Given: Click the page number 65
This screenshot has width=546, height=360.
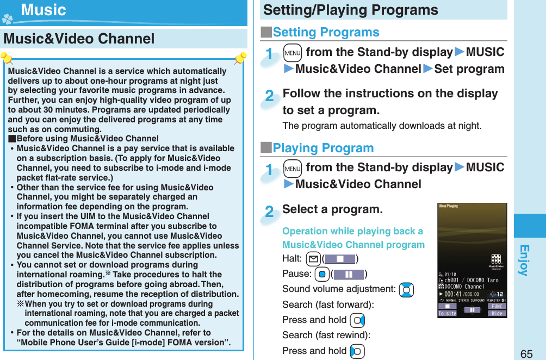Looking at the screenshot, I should (x=526, y=353).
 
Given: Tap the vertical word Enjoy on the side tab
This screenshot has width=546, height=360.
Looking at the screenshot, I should (x=523, y=260).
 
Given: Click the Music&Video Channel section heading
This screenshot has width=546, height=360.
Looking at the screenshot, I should (x=79, y=39).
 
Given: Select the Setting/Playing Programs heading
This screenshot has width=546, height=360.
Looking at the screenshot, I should (x=350, y=10).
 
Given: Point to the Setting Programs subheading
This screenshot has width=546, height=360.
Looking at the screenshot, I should (x=325, y=32).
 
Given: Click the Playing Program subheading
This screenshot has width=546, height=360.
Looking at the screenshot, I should (x=322, y=148).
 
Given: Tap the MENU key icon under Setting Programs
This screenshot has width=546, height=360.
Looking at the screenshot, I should (x=292, y=53).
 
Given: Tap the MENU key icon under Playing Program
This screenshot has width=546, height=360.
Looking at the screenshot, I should (x=292, y=168).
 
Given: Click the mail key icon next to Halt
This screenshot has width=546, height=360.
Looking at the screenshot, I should (x=313, y=258).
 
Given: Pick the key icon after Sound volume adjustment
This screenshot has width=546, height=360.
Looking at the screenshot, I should (x=406, y=290).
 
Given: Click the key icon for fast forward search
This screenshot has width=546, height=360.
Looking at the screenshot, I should (x=357, y=320).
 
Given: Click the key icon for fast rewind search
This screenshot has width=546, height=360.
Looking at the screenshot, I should (x=357, y=351).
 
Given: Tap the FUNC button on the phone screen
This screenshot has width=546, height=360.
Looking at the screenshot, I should (x=498, y=306).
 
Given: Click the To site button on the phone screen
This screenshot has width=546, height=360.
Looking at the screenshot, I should (x=447, y=314).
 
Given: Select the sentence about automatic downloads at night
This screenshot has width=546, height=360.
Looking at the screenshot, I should (x=382, y=126).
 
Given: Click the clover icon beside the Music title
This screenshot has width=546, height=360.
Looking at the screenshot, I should (x=7, y=18).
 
